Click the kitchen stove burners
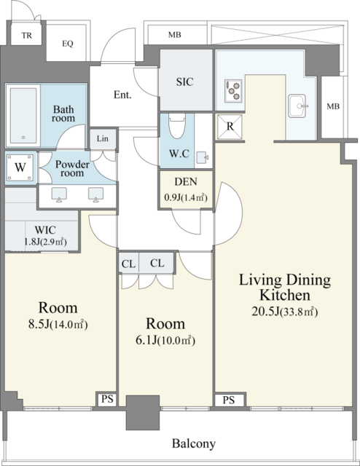point(233,90)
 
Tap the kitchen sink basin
point(297,106)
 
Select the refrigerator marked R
point(230,127)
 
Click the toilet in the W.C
point(177,125)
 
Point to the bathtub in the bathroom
point(23,116)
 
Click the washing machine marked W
point(20,167)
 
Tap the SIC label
point(184,82)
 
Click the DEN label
point(186,181)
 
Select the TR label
point(26,36)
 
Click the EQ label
point(68,44)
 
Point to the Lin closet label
point(102,138)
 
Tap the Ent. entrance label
point(122,95)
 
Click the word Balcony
point(194,443)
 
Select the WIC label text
point(45,230)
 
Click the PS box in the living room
point(229,400)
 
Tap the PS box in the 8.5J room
point(107,399)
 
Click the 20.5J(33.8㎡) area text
point(285,312)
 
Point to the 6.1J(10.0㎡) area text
point(165,340)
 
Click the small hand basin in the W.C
point(202,157)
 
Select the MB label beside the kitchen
point(333,106)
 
